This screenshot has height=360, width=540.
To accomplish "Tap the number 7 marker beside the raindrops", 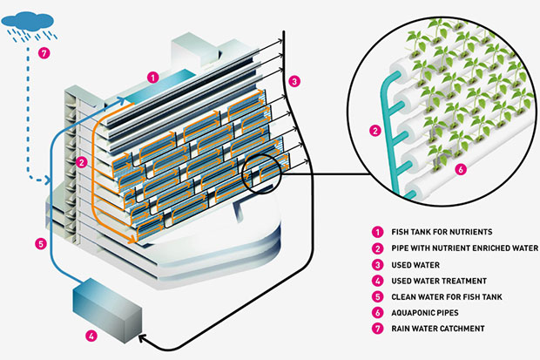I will (x=45, y=53).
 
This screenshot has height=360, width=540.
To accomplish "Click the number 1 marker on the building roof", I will (x=152, y=77).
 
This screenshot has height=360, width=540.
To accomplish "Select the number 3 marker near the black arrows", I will (x=295, y=81).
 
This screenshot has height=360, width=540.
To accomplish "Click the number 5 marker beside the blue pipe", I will (x=40, y=242).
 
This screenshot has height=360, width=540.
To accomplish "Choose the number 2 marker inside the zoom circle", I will (x=375, y=132).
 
